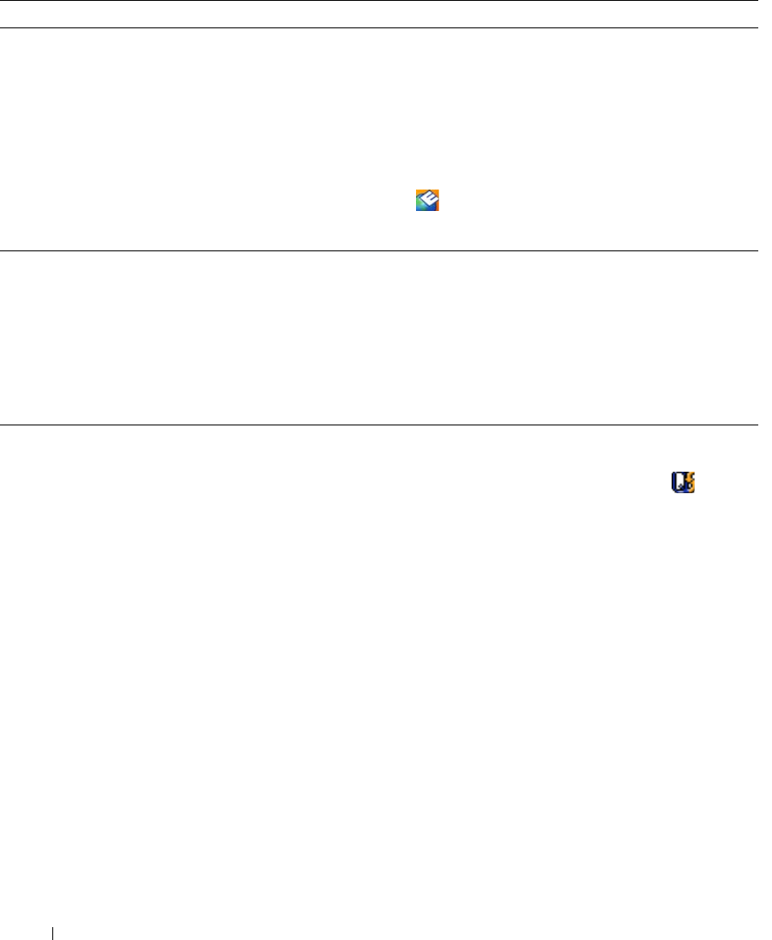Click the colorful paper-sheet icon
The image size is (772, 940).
point(427,201)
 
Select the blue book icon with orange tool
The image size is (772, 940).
point(682,483)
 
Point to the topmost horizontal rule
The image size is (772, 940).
point(379,1)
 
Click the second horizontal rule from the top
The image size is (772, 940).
point(379,28)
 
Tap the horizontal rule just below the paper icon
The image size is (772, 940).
point(379,250)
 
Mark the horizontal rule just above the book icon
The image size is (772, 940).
point(379,425)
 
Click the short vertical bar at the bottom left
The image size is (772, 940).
point(52,931)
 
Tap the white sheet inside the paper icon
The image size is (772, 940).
point(430,199)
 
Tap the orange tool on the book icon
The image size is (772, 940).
point(690,483)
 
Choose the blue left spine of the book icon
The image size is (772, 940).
point(672,483)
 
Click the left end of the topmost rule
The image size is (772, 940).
point(2,1)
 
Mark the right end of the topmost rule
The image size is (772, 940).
point(757,1)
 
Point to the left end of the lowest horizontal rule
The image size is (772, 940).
point(2,425)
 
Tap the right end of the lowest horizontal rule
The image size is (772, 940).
point(757,425)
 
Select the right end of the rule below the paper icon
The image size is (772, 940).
point(757,250)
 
